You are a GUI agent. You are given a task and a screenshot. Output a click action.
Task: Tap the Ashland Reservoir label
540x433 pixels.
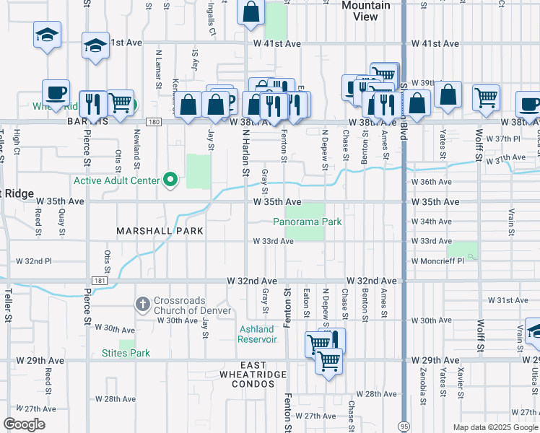tap(258, 334)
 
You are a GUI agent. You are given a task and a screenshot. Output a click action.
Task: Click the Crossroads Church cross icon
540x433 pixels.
tap(144, 303)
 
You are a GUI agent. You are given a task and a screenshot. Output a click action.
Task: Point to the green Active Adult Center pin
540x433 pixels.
tap(171, 179)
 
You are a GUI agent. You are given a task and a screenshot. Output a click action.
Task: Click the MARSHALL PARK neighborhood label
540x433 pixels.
tap(160, 231)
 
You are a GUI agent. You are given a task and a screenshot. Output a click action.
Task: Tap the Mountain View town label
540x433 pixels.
tap(365, 11)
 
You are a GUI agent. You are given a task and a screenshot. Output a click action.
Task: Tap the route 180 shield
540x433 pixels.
tap(152, 122)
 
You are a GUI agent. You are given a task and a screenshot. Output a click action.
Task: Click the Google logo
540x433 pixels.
tap(25, 424)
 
